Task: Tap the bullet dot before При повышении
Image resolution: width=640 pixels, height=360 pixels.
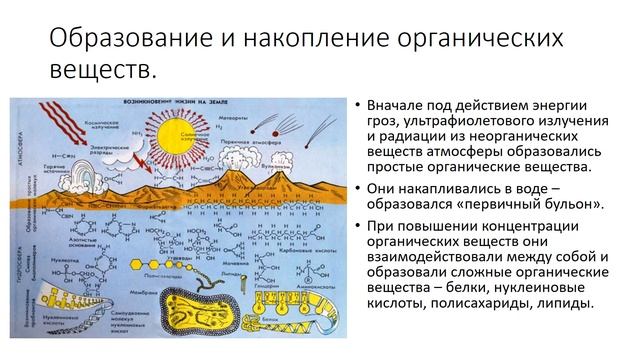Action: click(357, 222)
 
